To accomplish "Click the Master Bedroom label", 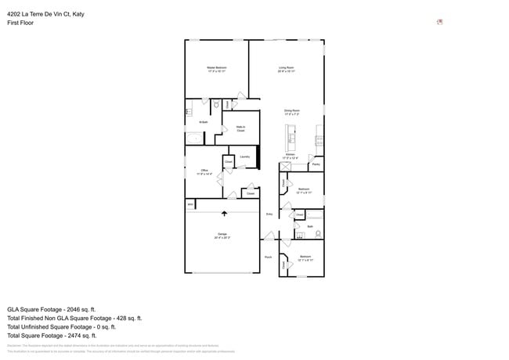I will tap(217, 70).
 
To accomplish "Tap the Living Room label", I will tap(287, 70).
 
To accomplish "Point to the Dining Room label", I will tap(292, 112).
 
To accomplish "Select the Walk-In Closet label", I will tap(240, 128).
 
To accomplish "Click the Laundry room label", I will tap(245, 157).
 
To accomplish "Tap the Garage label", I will tap(222, 235).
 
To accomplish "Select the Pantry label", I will tap(316, 165).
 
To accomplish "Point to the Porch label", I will tap(268, 257).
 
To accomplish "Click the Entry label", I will tap(269, 214).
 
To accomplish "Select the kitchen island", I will tap(291, 142).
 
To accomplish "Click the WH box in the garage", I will tap(190, 204).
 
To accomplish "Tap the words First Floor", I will tap(20, 23).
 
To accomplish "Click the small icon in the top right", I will tap(439, 22).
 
